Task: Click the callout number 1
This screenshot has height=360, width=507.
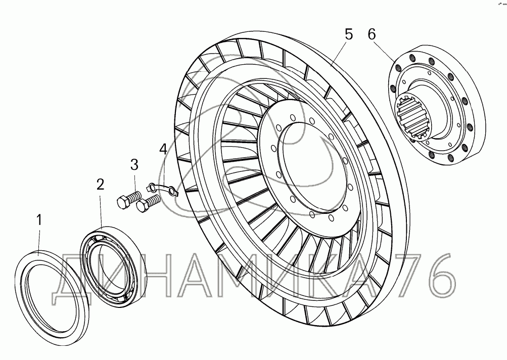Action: [x=39, y=220]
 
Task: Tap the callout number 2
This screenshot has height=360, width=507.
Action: [x=101, y=185]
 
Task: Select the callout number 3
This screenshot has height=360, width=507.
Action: [x=134, y=165]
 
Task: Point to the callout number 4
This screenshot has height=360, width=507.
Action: [x=163, y=149]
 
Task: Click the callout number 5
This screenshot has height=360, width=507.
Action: [x=349, y=34]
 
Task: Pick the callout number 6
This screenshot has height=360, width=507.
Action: [x=372, y=34]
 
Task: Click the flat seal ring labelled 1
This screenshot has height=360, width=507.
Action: [x=52, y=293]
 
